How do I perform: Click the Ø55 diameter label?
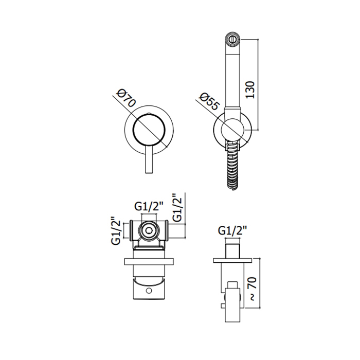click(209, 102)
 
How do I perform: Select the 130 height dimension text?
click(250, 90)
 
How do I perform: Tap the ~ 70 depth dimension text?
click(252, 289)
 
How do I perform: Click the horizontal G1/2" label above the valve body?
click(149, 207)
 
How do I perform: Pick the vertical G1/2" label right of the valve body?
click(177, 207)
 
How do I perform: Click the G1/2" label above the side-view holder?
click(232, 230)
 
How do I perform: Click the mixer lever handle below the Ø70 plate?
click(149, 160)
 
